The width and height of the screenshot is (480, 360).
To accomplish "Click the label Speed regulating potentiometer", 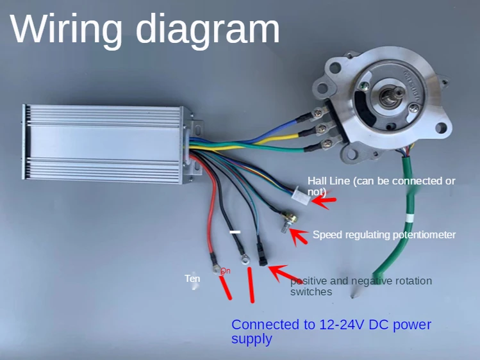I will point(384,234).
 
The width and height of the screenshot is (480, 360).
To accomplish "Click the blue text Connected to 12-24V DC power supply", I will point(331,331).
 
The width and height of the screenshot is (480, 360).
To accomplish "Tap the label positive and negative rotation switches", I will point(361,286).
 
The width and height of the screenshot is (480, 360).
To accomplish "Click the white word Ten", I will point(192,279).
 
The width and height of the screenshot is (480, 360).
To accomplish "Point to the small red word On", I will point(225,271).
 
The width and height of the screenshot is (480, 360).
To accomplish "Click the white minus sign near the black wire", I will point(236,231).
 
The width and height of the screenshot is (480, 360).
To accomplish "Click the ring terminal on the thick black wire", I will point(244,259).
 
